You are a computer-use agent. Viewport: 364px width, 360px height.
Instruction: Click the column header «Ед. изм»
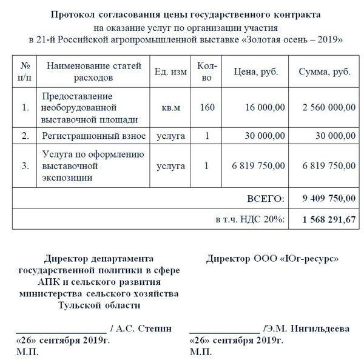pyautogui.click(x=170, y=72)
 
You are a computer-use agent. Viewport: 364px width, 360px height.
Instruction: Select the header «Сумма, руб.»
pyautogui.click(x=325, y=72)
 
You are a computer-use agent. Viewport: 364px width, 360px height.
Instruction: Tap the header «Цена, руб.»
pyautogui.click(x=256, y=72)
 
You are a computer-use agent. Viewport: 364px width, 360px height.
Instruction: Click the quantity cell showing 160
pyautogui.click(x=207, y=108)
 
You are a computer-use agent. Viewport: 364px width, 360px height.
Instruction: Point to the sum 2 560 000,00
pyautogui.click(x=328, y=108)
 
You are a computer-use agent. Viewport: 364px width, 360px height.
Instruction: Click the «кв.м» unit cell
pyautogui.click(x=170, y=108)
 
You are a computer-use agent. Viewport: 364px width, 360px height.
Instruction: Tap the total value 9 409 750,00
pyautogui.click(x=328, y=198)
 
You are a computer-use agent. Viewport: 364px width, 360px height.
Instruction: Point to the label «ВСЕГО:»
pyautogui.click(x=266, y=198)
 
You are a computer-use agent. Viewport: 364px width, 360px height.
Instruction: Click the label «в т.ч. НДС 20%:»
pyautogui.click(x=250, y=219)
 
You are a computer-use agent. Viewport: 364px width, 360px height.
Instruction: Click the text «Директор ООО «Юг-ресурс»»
pyautogui.click(x=272, y=259)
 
